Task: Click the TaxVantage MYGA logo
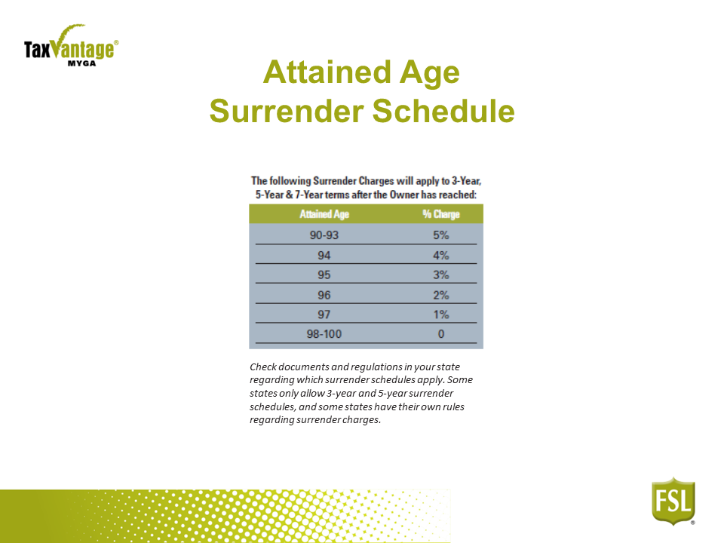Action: [x=71, y=46]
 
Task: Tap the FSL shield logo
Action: [x=673, y=502]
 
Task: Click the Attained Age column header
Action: [x=324, y=214]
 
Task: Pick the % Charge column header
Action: [x=441, y=214]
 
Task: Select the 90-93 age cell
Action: [x=324, y=235]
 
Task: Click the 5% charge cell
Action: [x=441, y=235]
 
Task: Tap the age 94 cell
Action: [x=324, y=256]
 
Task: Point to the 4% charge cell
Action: [x=441, y=256]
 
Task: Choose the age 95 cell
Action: [x=324, y=275]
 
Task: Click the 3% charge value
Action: [x=441, y=275]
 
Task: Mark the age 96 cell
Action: [x=324, y=295]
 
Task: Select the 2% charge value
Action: [x=441, y=295]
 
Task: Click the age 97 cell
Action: [x=324, y=314]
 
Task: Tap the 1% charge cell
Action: [x=441, y=314]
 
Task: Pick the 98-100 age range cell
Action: [x=324, y=334]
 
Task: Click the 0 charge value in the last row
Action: [x=441, y=334]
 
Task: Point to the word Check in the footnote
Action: [x=263, y=367]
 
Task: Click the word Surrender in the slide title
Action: [x=287, y=112]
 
